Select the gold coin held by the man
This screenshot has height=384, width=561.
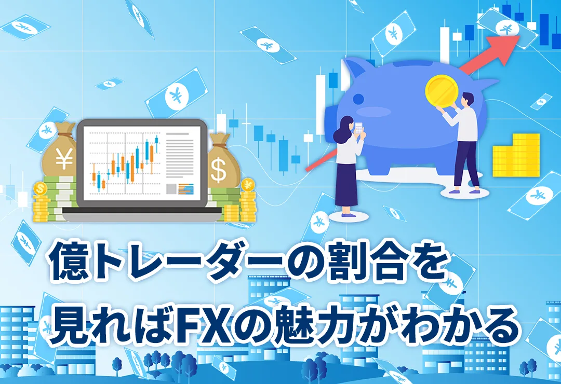point(441,90)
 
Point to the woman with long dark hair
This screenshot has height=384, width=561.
point(346,166)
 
